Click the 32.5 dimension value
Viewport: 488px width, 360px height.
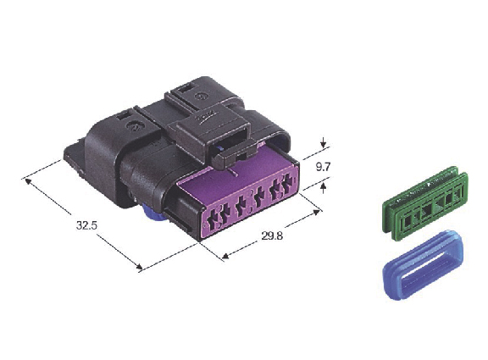[x=86, y=225]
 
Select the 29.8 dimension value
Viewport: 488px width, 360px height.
[x=272, y=235]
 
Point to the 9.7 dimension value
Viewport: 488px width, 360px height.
[x=323, y=167]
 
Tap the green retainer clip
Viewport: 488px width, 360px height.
[x=424, y=203]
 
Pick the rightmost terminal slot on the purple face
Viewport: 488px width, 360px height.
[x=289, y=182]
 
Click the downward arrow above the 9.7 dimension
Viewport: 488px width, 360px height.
[x=324, y=142]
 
